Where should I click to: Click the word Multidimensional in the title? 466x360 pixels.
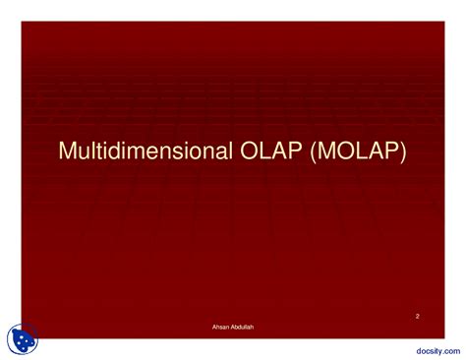coord(142,152)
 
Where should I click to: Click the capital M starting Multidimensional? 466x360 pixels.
coord(68,152)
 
